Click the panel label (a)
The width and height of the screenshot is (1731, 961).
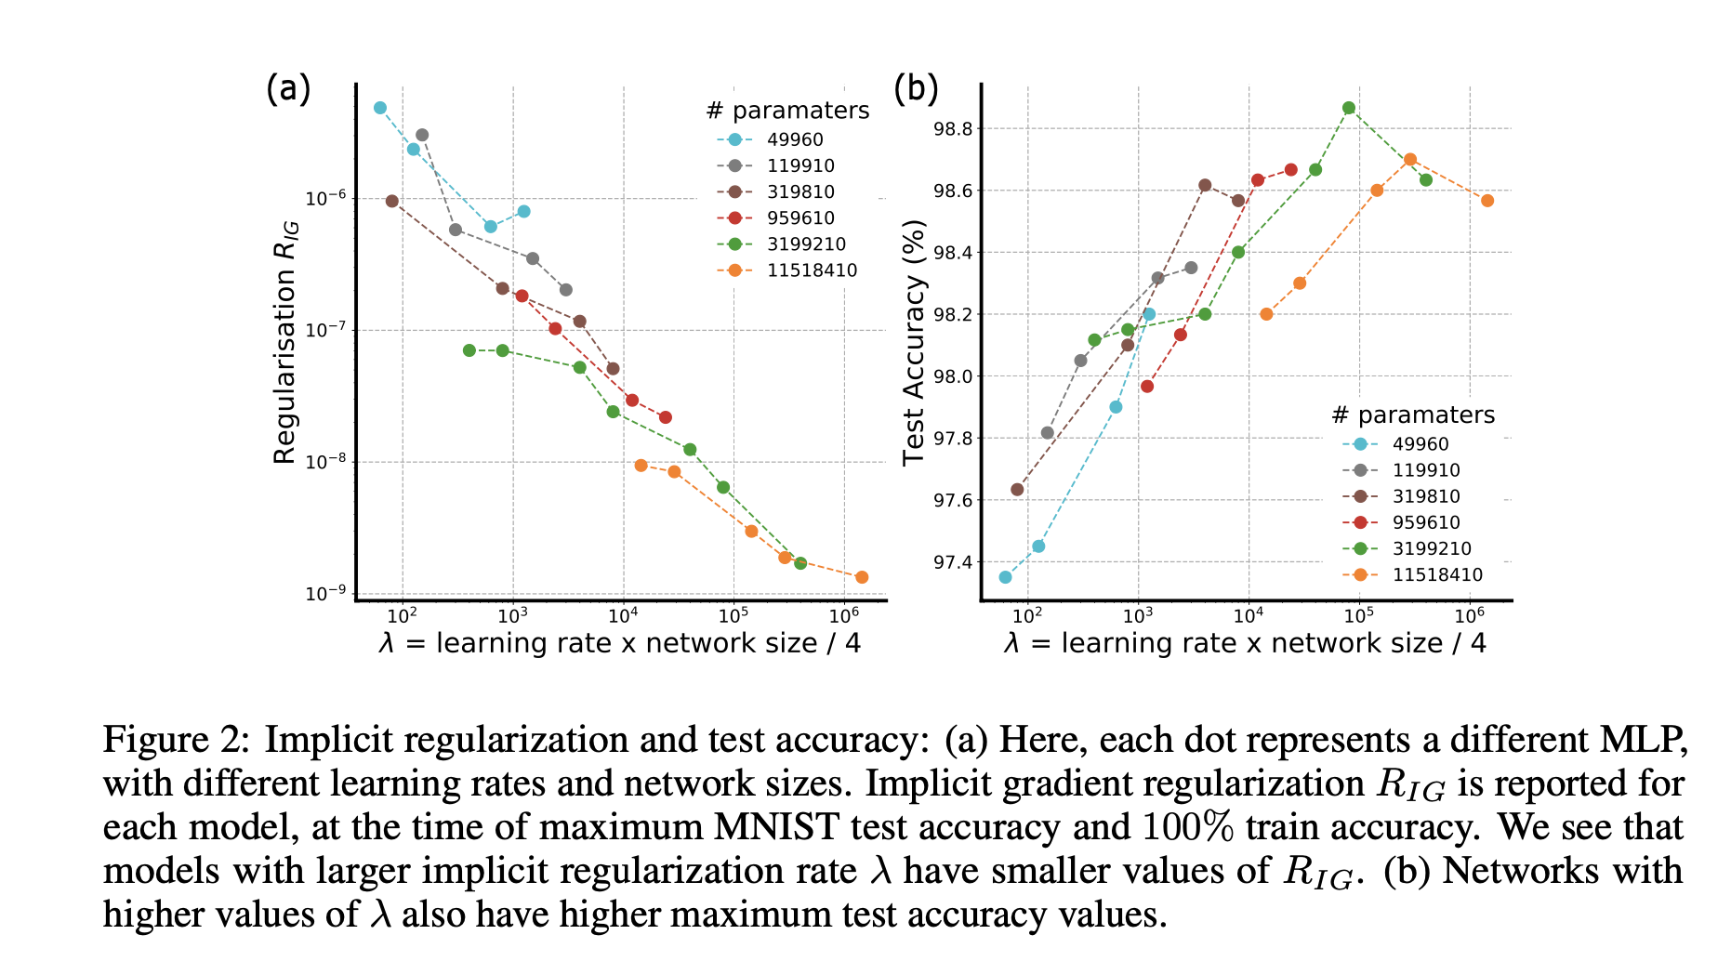click(287, 89)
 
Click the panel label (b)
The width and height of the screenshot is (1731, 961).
click(916, 89)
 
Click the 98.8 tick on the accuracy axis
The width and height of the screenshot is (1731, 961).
click(953, 129)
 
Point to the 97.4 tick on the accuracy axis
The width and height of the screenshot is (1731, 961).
click(953, 562)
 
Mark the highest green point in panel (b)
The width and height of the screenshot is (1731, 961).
click(1349, 108)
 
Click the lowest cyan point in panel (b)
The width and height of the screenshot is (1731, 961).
click(1005, 577)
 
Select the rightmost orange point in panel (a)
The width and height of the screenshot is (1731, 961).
click(862, 577)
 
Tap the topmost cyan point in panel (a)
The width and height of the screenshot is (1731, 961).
click(380, 108)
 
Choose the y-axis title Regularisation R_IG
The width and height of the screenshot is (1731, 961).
click(285, 342)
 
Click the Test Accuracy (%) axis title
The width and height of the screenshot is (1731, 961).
click(915, 342)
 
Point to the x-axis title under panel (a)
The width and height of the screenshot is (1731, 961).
click(619, 643)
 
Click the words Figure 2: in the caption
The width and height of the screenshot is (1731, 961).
click(176, 740)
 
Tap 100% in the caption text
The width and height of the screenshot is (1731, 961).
click(1187, 827)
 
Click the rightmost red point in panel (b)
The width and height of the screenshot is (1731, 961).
click(1290, 169)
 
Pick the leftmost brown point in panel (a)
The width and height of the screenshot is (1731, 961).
click(392, 201)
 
